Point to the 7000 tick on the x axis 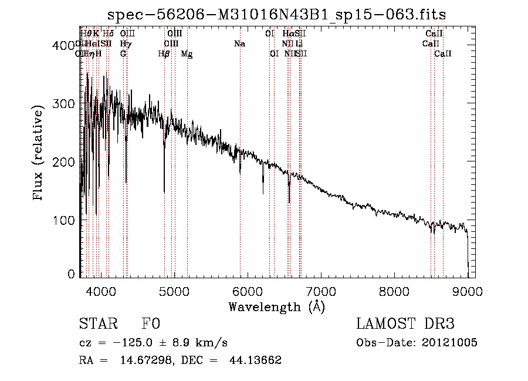click(x=321, y=291)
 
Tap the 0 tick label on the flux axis click(x=71, y=274)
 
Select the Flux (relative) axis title click(x=39, y=154)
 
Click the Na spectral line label click(x=239, y=44)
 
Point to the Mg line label click(x=187, y=54)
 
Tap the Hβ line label click(x=164, y=54)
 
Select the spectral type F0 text click(x=151, y=325)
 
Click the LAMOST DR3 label click(x=405, y=324)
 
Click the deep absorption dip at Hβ click(x=164, y=191)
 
